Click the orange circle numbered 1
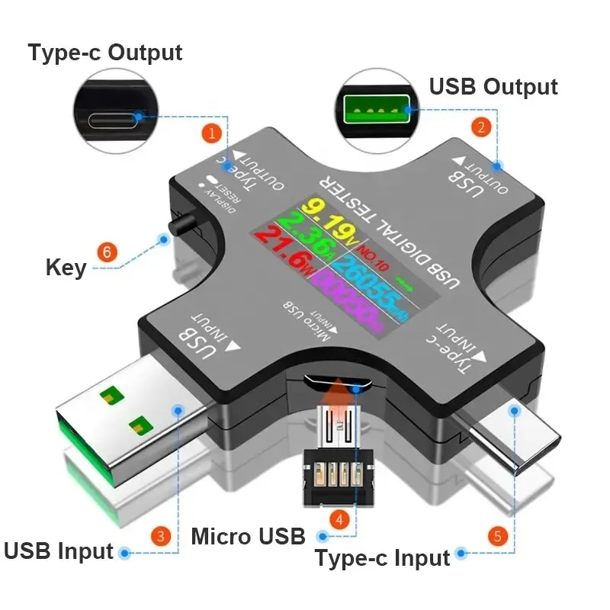click(213, 133)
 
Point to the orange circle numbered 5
click(497, 537)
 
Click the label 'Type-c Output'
click(105, 53)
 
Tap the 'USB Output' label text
click(493, 86)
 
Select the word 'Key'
click(66, 268)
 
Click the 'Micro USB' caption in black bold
click(248, 536)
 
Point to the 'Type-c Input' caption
click(382, 558)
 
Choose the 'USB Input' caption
click(59, 551)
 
